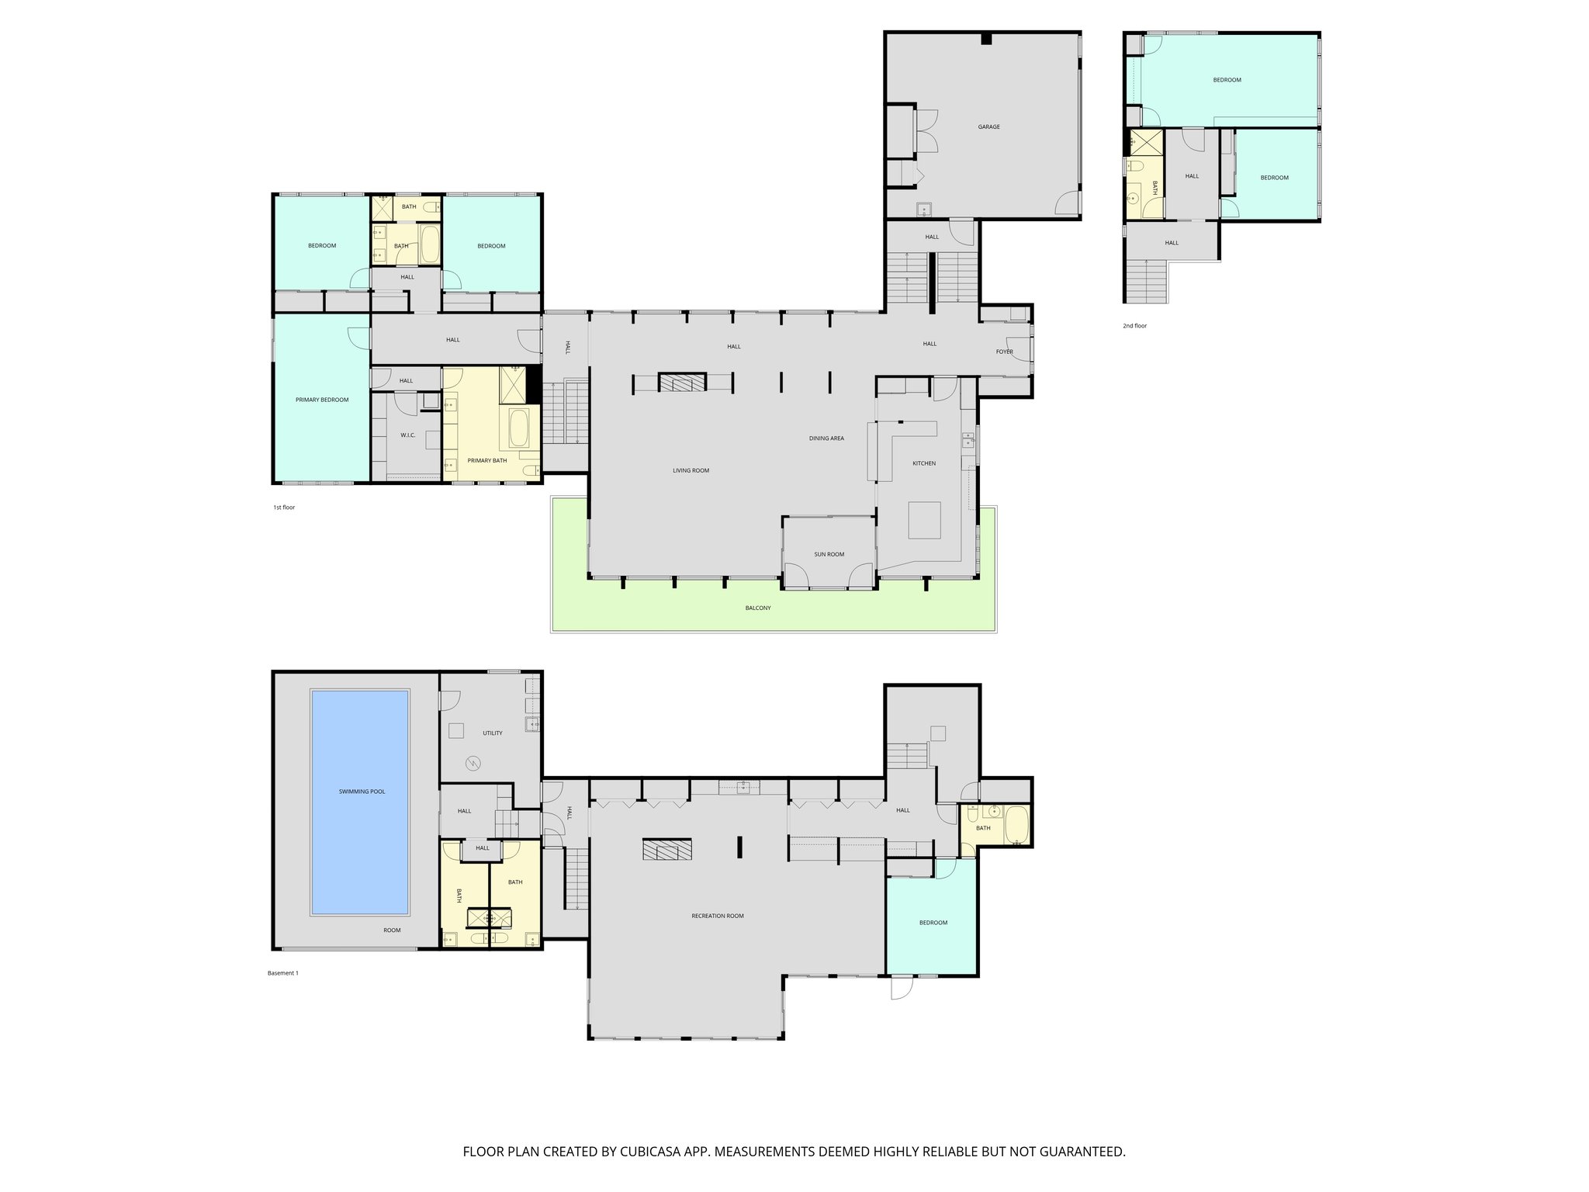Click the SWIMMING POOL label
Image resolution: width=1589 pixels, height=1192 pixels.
[x=362, y=792]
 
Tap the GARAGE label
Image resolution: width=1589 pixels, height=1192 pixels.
[x=988, y=126]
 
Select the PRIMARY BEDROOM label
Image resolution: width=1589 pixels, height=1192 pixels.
[x=322, y=400]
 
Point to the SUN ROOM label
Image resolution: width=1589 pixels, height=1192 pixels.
[x=829, y=554]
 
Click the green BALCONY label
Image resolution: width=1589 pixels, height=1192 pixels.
[x=758, y=608]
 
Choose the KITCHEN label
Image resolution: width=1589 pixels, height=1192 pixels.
[x=923, y=463]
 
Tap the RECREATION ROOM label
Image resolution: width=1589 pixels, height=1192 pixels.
[x=718, y=916]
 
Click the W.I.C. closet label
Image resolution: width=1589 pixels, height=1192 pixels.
[x=408, y=435]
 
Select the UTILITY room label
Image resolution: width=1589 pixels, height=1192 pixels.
[x=493, y=733]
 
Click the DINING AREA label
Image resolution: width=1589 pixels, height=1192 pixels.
[x=826, y=438]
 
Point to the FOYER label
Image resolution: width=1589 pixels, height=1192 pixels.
[x=1005, y=352]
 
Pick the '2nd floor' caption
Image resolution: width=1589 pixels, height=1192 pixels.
[x=1134, y=326]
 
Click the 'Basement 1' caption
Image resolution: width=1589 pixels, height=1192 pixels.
[x=282, y=973]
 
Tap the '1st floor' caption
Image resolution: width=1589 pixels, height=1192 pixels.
[x=284, y=508]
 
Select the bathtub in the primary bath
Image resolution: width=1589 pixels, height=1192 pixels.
[x=519, y=428]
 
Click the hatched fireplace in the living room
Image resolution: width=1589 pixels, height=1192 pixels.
[x=683, y=382]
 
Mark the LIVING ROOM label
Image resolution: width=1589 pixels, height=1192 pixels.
[x=691, y=470]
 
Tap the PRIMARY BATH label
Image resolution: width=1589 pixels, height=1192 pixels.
[x=486, y=460]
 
